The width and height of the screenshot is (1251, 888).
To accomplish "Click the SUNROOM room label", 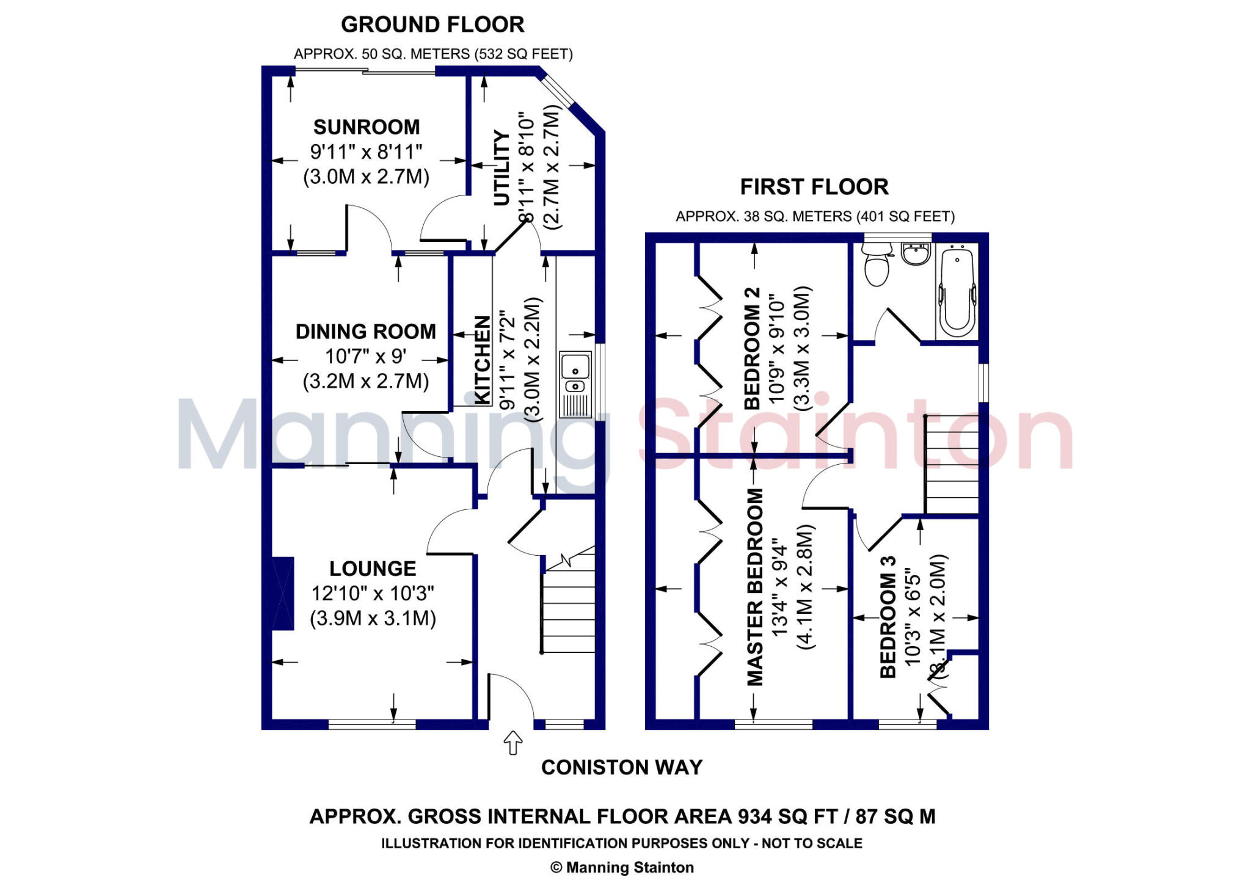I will (367, 127).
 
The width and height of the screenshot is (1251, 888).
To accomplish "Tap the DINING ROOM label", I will (365, 332).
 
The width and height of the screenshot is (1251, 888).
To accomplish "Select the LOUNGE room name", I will (373, 569).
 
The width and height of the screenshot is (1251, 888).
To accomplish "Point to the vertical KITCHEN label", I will (483, 360).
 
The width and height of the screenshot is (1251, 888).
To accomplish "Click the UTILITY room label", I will (501, 168).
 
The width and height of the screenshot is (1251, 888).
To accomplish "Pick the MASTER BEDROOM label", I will (756, 587).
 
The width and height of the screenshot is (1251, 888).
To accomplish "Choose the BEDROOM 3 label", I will (888, 617).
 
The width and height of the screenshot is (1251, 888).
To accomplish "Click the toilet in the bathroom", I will (877, 265).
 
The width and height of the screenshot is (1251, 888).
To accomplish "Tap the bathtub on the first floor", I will (957, 292).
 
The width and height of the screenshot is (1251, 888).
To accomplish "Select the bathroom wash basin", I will (915, 253).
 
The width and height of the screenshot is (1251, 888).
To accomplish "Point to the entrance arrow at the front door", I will (512, 743).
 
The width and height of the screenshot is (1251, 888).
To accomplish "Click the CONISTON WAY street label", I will (622, 768).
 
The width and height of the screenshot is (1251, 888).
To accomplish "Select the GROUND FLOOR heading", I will (432, 25).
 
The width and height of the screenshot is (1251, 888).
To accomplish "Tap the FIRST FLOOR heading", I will (814, 187).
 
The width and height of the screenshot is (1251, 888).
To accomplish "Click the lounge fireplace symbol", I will (282, 592).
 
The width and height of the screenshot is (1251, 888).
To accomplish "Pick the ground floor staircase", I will (568, 605).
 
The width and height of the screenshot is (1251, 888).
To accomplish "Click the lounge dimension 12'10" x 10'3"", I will (373, 593).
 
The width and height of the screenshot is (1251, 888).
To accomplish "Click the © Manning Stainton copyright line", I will (622, 867).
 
